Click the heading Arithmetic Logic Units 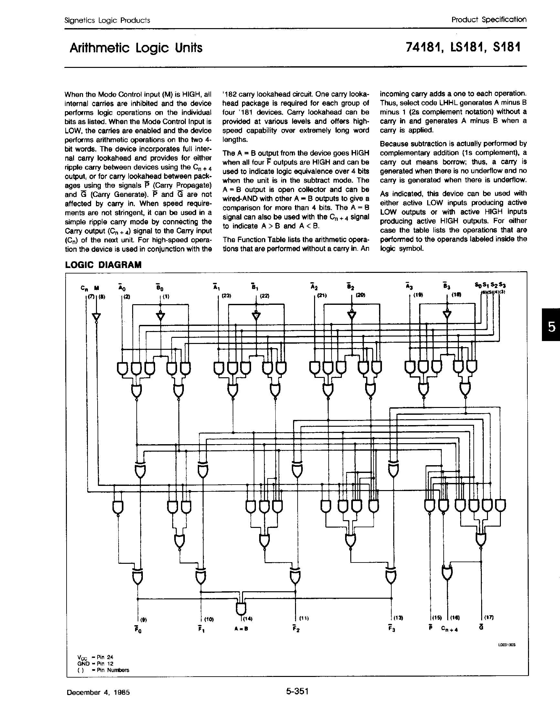(x=136, y=48)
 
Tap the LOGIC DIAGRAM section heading (x=103, y=265)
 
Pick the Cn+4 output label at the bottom (x=449, y=629)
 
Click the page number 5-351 (x=297, y=691)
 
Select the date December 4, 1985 (x=98, y=692)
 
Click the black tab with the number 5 (x=552, y=327)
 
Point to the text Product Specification (x=489, y=20)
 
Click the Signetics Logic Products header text (x=107, y=20)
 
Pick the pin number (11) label (x=304, y=618)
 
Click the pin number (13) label (x=398, y=617)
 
